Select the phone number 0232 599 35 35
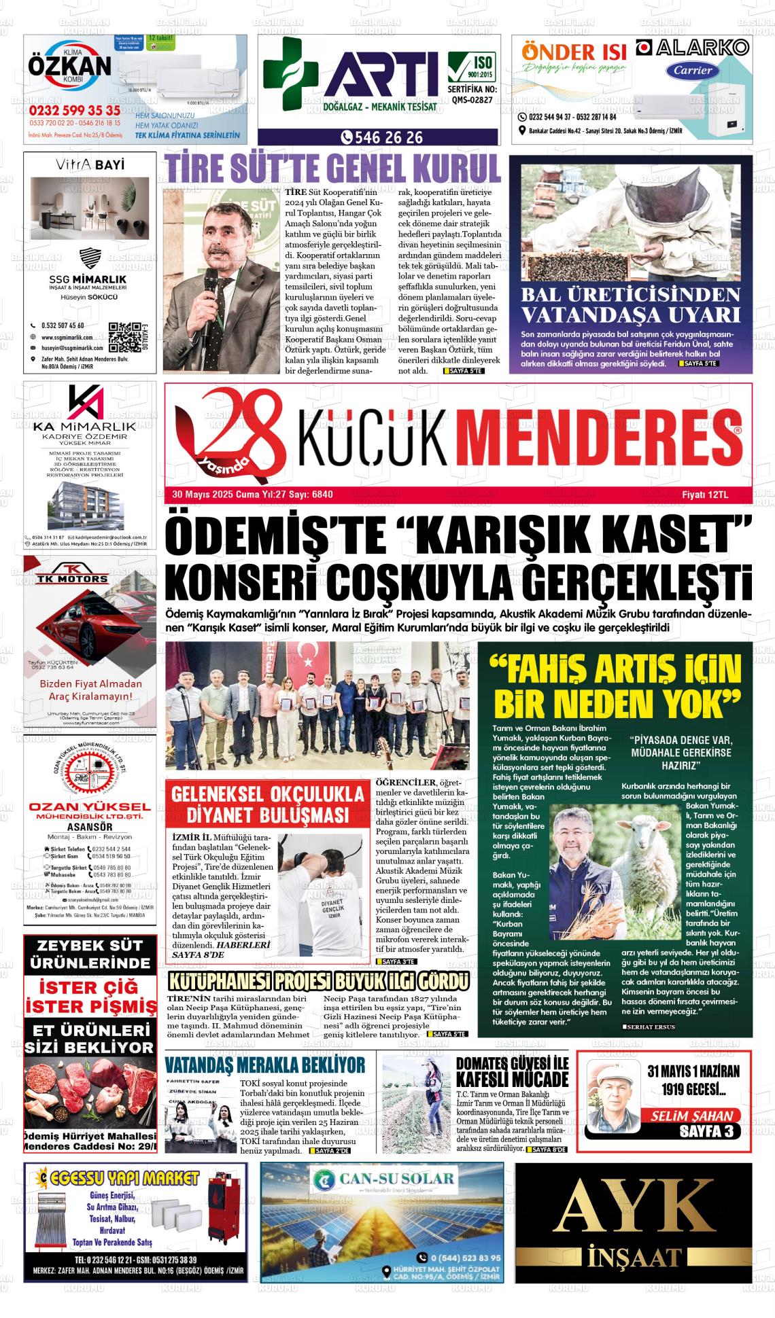coord(74,110)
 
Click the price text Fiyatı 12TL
coord(705,495)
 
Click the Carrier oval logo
coord(693,70)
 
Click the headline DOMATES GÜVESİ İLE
coord(512,1065)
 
